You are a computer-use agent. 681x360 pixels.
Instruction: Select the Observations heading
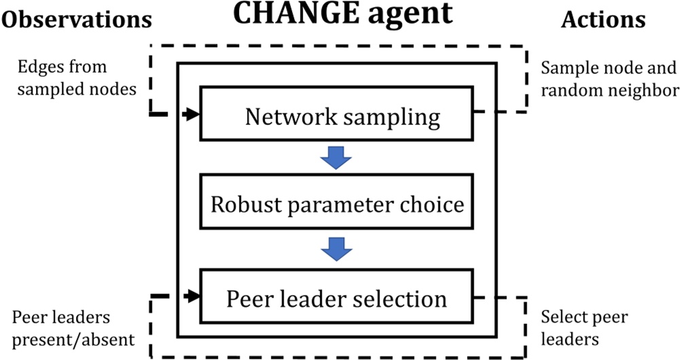(x=77, y=20)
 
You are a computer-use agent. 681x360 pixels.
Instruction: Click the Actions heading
(x=603, y=20)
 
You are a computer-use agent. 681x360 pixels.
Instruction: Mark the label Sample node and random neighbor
(x=608, y=78)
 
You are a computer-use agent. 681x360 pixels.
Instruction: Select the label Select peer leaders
(x=584, y=327)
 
